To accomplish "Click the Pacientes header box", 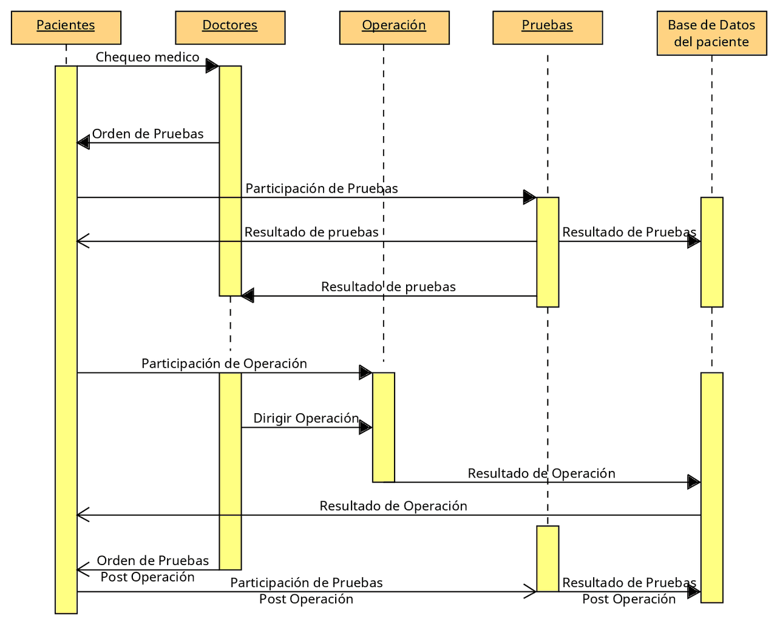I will pyautogui.click(x=66, y=27).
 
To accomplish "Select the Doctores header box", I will pyautogui.click(x=229, y=27).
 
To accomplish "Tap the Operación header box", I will pyautogui.click(x=394, y=27).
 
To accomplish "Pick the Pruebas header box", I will pyautogui.click(x=547, y=27).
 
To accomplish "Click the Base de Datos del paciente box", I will pyautogui.click(x=711, y=33).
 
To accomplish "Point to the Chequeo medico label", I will pyautogui.click(x=148, y=57).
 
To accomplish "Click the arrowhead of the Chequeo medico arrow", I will pyautogui.click(x=212, y=66).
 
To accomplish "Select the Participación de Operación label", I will pyautogui.click(x=224, y=363).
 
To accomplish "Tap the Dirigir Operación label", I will pyautogui.click(x=306, y=418).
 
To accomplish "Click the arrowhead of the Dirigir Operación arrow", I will pyautogui.click(x=365, y=427).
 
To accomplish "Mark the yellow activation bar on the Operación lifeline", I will pyautogui.click(x=384, y=427).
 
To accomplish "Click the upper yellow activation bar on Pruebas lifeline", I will pyautogui.click(x=548, y=252).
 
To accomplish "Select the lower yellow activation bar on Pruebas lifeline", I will pyautogui.click(x=548, y=558).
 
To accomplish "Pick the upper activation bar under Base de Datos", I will pyautogui.click(x=711, y=252).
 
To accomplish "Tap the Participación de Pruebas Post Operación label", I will pyautogui.click(x=306, y=591).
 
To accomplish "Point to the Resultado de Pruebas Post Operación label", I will pyautogui.click(x=629, y=591).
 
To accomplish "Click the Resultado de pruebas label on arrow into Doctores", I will pyautogui.click(x=388, y=287).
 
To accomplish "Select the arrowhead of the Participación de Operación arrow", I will pyautogui.click(x=365, y=372).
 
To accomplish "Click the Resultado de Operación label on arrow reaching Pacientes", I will pyautogui.click(x=393, y=506).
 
